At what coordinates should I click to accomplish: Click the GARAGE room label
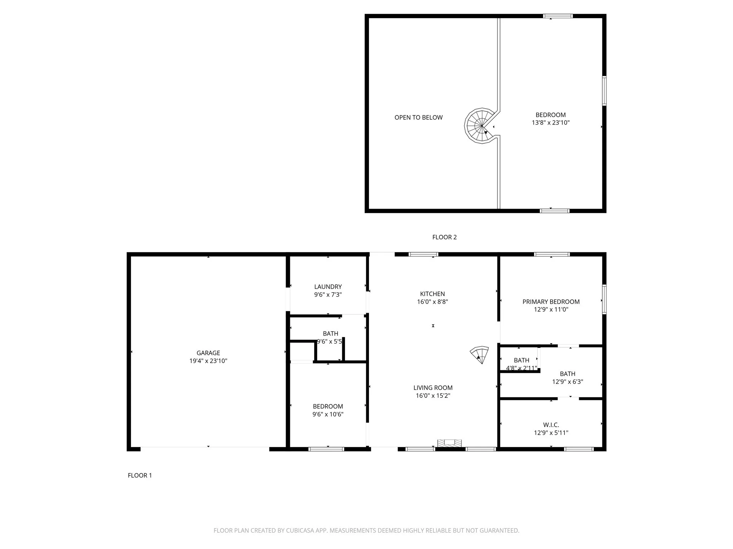[x=208, y=353]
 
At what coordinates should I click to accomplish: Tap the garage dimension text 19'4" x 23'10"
[x=208, y=361]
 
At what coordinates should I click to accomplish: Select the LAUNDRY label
[x=328, y=287]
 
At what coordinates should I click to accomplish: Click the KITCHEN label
[x=432, y=294]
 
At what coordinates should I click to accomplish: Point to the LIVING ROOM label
[x=433, y=388]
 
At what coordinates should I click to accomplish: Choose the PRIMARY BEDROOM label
[x=551, y=302]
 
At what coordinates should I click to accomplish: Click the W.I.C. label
[x=551, y=425]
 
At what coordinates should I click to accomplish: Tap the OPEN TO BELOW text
[x=418, y=118]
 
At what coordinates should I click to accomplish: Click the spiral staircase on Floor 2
[x=480, y=126]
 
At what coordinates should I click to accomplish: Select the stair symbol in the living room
[x=480, y=355]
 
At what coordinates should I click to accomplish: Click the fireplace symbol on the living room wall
[x=449, y=443]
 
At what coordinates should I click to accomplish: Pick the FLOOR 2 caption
[x=444, y=237]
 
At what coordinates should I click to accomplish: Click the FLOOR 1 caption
[x=140, y=475]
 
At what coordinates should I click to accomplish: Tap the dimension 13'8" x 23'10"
[x=550, y=123]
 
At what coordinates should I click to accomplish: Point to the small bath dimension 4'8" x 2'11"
[x=521, y=368]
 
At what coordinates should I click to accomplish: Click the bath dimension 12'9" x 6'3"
[x=567, y=382]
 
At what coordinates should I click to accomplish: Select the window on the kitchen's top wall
[x=423, y=254]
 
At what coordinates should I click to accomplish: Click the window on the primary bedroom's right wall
[x=604, y=299]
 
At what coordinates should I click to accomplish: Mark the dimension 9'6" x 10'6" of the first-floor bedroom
[x=328, y=414]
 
